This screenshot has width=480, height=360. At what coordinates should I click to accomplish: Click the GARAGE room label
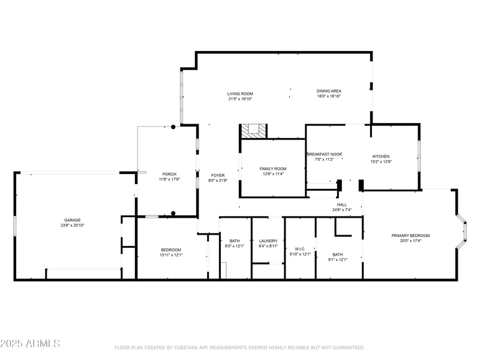point(73,220)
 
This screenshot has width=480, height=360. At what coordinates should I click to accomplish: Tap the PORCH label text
point(169,174)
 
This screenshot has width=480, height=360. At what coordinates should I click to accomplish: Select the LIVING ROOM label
point(240,94)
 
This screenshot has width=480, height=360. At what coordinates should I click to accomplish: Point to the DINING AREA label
point(329,91)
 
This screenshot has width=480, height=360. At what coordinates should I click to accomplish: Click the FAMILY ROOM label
point(273,169)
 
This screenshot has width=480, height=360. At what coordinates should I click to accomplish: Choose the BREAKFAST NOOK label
point(325,154)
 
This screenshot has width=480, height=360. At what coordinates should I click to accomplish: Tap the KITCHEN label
point(380,156)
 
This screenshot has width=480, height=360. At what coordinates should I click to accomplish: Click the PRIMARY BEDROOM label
point(410,235)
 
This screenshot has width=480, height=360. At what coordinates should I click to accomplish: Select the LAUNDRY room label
point(268,241)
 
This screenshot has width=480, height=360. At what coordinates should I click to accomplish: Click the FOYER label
point(217,175)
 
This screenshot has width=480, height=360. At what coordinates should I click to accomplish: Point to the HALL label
point(341,205)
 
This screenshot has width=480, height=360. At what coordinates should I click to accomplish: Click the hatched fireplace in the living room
point(253,131)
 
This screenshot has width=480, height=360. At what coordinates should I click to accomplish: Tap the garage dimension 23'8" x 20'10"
point(73,226)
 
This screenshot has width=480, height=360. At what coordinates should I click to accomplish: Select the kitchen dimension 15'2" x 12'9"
point(380,161)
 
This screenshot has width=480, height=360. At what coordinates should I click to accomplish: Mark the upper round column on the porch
point(173,127)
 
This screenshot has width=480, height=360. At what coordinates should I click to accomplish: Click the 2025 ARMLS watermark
point(30,343)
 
